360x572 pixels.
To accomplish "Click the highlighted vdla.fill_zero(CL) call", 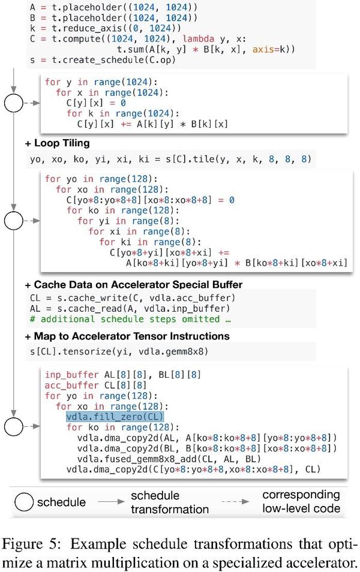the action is (115, 417).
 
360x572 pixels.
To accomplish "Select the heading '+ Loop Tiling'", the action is (58, 143).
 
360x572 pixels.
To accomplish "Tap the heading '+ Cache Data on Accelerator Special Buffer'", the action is (134, 285).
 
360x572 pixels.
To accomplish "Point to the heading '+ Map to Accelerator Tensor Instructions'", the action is (127, 336).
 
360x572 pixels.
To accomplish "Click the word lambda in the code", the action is (198, 38).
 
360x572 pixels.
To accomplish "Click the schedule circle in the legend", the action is (24, 502).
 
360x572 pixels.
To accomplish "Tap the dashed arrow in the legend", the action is (235, 502).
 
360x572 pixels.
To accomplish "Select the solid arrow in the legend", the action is (111, 502).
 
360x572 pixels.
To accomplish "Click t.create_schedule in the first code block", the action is (95, 60).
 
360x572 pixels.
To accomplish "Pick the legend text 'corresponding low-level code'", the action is (301, 502).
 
